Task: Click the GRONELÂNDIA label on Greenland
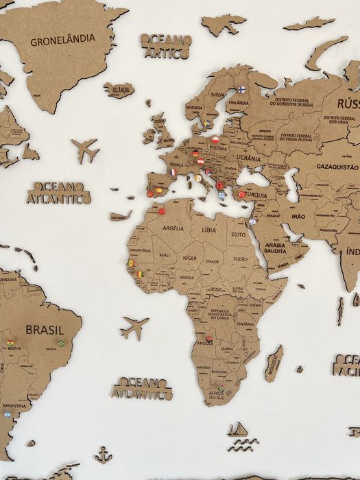pyautogui.click(x=63, y=39)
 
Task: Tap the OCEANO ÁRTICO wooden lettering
pyautogui.click(x=166, y=45)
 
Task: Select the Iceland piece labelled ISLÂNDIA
pyautogui.click(x=119, y=90)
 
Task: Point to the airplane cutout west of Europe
pyautogui.click(x=86, y=149)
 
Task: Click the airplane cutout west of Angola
pyautogui.click(x=134, y=327)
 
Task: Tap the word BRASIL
pyautogui.click(x=45, y=330)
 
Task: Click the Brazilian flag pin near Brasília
pyautogui.click(x=60, y=344)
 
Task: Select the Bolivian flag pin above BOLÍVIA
pyautogui.click(x=10, y=342)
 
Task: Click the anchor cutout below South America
pyautogui.click(x=103, y=455)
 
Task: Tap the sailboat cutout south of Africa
pyautogui.click(x=237, y=429)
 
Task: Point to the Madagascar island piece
pyautogui.click(x=274, y=363)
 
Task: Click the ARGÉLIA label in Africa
pyautogui.click(x=173, y=228)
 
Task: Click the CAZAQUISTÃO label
pyautogui.click(x=337, y=167)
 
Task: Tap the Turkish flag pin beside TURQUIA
pyautogui.click(x=241, y=194)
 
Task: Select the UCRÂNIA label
pyautogui.click(x=248, y=158)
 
